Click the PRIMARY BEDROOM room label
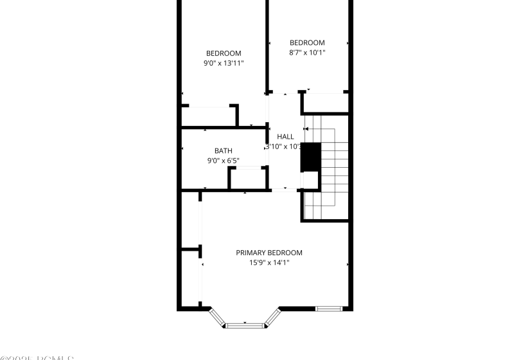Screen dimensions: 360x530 click(269, 253)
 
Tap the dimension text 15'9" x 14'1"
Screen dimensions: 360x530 click(269, 262)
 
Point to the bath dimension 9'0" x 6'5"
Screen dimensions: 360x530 click(223, 160)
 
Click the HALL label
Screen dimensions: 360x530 click(285, 136)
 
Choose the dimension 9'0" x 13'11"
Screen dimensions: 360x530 click(223, 63)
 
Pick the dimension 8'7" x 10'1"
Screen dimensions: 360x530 click(307, 53)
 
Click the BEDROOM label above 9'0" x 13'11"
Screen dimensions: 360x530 click(223, 53)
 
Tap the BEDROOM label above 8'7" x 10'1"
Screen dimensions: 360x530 click(307, 42)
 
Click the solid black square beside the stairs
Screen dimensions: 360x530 click(311, 157)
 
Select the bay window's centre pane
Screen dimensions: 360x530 click(245, 325)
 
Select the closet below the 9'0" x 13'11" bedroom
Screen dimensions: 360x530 click(209, 116)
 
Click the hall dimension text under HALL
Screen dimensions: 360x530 click(284, 147)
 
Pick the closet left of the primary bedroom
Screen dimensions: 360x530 click(190, 276)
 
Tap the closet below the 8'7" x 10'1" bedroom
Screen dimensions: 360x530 click(324, 103)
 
